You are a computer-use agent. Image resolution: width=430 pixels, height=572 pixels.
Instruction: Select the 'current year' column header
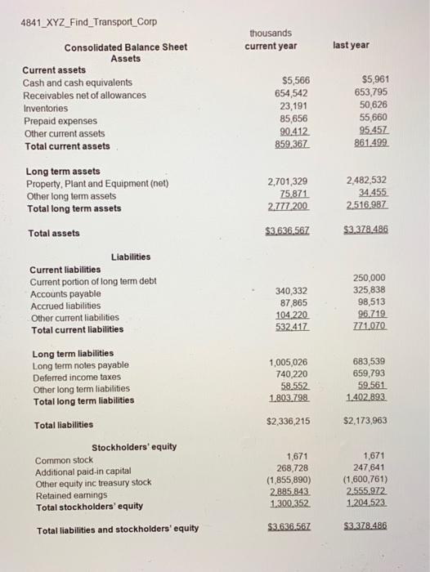[x=271, y=46]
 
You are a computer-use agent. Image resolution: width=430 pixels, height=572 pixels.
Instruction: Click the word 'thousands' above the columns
[x=271, y=33]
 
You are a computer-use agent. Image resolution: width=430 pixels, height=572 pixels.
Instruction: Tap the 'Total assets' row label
[x=54, y=233]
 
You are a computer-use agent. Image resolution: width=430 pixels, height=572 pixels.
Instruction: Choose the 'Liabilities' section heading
[x=130, y=257]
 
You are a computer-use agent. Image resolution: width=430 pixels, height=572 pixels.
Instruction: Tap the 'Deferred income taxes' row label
[x=80, y=378]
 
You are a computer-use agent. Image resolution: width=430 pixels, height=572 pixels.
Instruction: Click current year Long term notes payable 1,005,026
[x=288, y=362]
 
